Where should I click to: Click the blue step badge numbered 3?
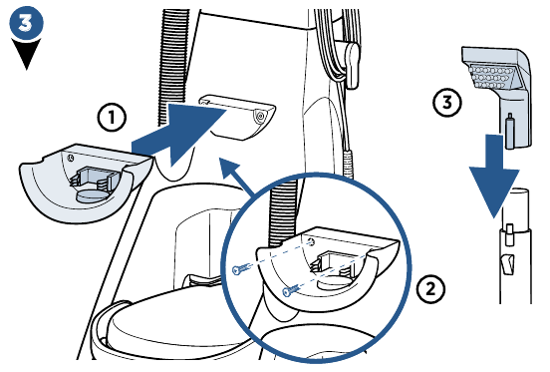(x=26, y=23)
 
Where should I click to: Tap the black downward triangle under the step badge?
(x=26, y=53)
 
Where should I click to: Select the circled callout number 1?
(x=112, y=118)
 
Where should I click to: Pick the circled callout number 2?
(x=430, y=289)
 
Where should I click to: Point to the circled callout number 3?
(x=446, y=103)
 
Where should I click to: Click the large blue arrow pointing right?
(x=179, y=135)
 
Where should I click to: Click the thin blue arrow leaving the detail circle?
(x=237, y=177)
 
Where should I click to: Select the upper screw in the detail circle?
(x=242, y=269)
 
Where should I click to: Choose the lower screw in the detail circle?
(x=291, y=290)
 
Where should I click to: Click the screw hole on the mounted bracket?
(x=260, y=116)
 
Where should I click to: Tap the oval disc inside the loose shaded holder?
(x=93, y=195)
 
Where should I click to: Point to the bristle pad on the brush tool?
(x=491, y=76)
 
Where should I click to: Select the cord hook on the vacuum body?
(x=351, y=65)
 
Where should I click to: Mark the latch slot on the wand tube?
(x=506, y=265)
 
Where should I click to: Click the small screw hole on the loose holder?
(x=71, y=158)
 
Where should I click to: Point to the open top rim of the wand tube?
(x=515, y=192)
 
